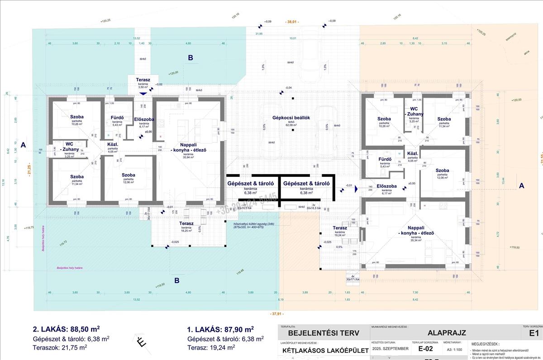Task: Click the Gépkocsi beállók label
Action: point(291,118)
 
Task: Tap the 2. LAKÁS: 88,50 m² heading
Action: point(67,329)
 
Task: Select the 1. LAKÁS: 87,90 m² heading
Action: point(220,329)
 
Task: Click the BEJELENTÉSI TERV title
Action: point(323,333)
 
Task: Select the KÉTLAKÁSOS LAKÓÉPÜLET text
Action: point(322,350)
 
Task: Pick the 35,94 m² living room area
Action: point(187,157)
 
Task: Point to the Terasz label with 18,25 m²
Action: point(186,223)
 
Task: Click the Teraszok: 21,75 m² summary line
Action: point(60,347)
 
